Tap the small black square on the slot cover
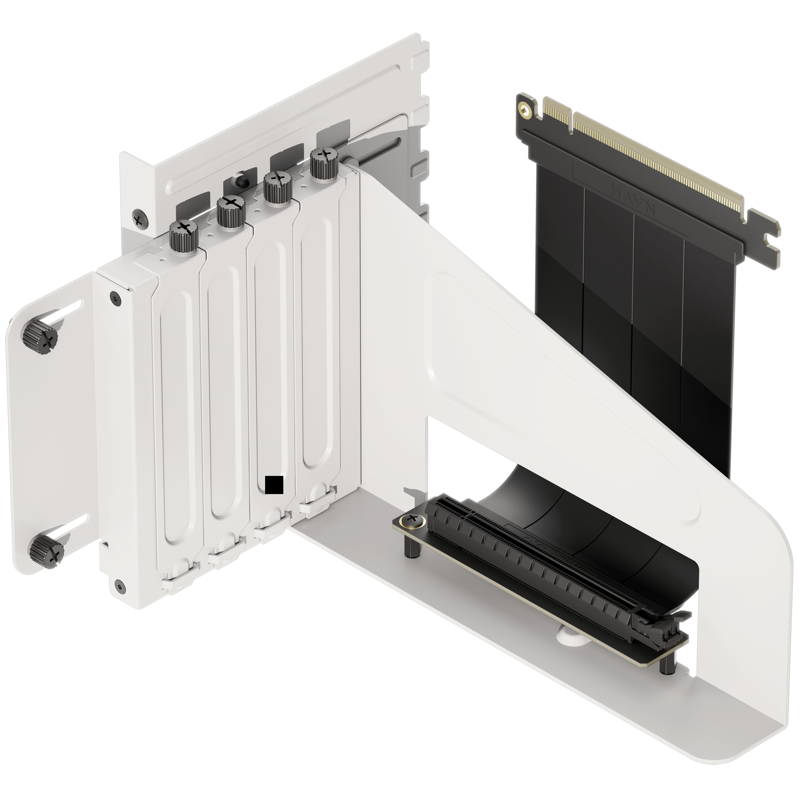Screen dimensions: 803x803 (x=274, y=485)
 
